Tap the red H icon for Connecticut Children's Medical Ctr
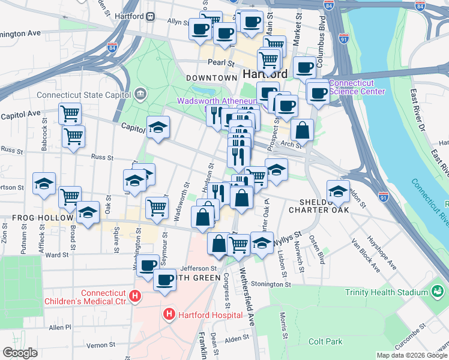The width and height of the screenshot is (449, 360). [x=136, y=296]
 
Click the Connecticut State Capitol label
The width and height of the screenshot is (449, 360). [x=84, y=95]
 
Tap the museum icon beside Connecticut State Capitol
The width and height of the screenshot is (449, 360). [x=140, y=94]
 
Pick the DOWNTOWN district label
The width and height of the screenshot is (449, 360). [x=211, y=78]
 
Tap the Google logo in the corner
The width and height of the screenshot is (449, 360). [x=20, y=353]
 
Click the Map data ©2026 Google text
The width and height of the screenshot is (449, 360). [x=411, y=355]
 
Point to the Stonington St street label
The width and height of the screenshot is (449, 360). [x=271, y=284]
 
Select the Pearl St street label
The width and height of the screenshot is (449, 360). [x=221, y=62]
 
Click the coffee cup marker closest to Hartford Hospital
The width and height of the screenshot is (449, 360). [x=164, y=279]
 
